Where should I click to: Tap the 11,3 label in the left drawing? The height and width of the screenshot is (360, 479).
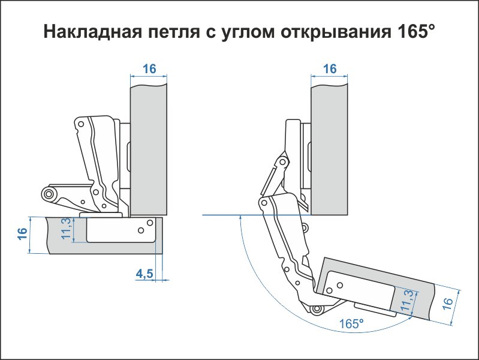(x=67, y=229)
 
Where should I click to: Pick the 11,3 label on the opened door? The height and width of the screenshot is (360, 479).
(x=408, y=300)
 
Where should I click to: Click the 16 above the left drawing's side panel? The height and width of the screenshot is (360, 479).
(x=149, y=68)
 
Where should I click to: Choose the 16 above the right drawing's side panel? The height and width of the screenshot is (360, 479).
(x=330, y=68)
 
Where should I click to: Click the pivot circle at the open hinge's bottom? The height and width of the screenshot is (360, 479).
(x=316, y=309)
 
